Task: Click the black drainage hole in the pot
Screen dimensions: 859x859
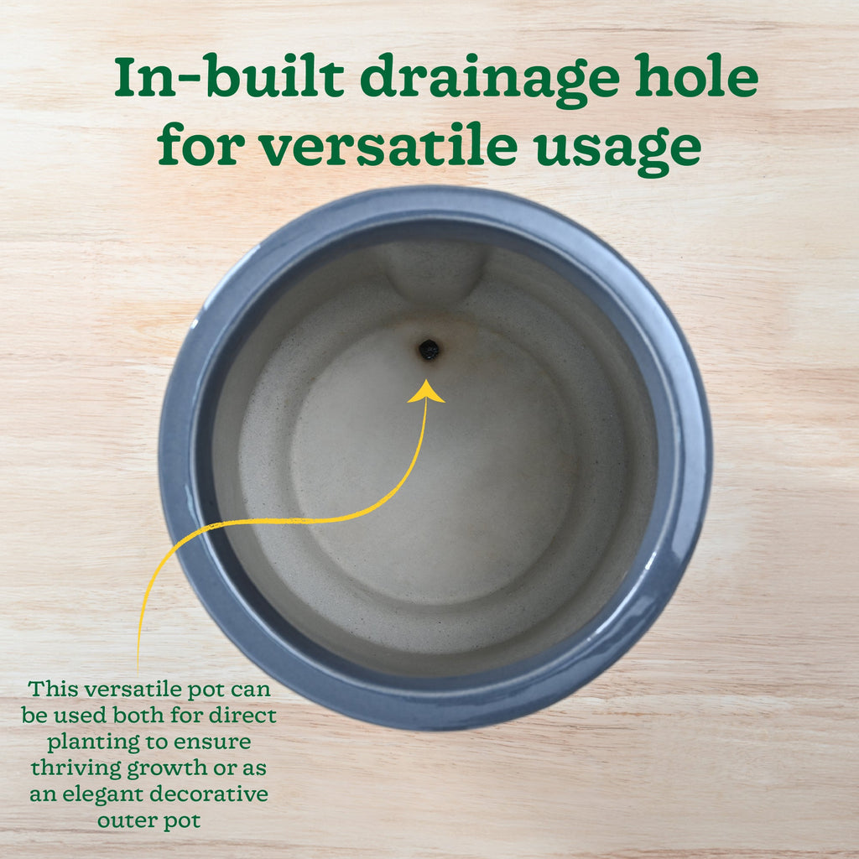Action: point(429,350)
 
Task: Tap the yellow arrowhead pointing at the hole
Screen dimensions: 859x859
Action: point(425,392)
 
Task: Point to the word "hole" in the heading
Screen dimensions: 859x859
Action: point(696,76)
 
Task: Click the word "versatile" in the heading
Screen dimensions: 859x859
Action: point(388,144)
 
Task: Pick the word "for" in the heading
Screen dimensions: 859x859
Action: point(200,144)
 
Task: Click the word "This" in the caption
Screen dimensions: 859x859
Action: point(53,689)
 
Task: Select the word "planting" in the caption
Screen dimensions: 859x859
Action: point(92,743)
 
